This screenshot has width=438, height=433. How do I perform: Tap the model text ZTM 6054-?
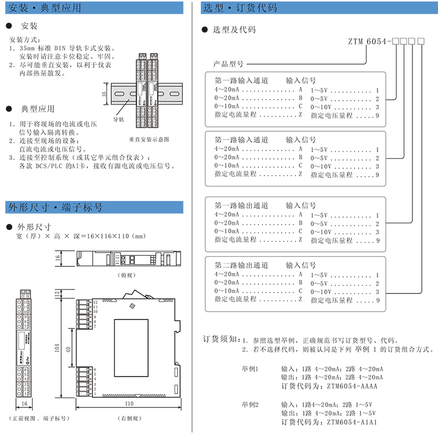[369, 40]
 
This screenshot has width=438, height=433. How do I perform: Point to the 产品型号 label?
[228, 64]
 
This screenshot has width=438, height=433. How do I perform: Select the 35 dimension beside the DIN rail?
[104, 93]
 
